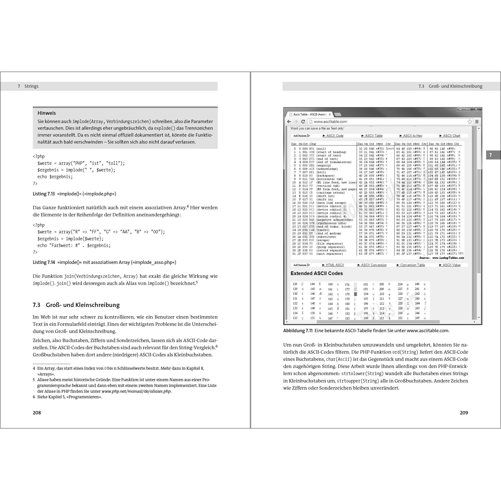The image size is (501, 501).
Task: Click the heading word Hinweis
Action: point(47,113)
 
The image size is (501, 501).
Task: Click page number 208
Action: point(37,413)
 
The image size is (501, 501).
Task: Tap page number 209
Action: point(464,413)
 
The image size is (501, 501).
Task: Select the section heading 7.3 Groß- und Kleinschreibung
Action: point(76,305)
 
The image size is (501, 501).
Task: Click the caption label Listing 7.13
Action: point(44,194)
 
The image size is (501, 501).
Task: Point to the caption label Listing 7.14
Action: point(44,262)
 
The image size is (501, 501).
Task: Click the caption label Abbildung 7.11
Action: point(298,331)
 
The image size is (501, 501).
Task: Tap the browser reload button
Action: point(303,122)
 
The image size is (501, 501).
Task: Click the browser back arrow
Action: point(289,122)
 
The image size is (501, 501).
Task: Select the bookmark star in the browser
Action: point(470,122)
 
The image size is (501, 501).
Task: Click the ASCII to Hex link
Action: point(412,136)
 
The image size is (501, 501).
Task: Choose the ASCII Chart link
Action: point(451,136)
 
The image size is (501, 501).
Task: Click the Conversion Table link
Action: point(412,265)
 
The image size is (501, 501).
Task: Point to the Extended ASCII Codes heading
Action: point(317,273)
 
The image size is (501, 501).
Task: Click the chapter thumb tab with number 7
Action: point(490,155)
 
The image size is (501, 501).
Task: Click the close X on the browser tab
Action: point(330,114)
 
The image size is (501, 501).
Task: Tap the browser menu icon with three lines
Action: point(477,122)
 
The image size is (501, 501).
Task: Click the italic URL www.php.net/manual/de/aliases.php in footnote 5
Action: point(136,391)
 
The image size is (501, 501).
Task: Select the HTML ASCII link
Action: point(334,265)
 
